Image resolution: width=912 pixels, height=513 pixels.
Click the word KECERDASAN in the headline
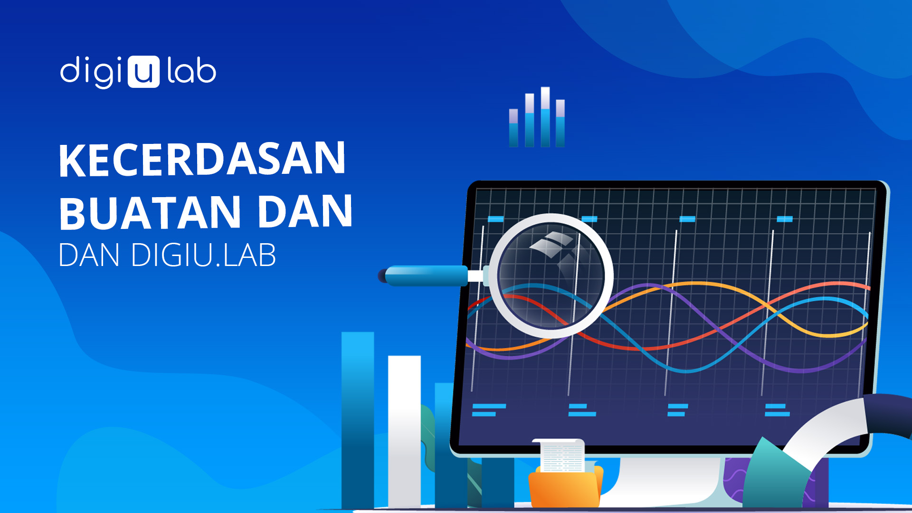[x=202, y=159]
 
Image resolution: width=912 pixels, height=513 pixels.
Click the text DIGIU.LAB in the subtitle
[x=203, y=255]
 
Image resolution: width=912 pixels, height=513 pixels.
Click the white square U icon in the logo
[x=144, y=72]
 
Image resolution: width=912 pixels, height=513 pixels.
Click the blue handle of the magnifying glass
[x=426, y=275]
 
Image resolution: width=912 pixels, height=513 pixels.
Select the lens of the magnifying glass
[x=551, y=275]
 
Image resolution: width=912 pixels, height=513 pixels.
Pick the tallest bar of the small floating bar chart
[x=545, y=117]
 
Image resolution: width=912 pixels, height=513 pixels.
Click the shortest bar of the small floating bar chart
[x=513, y=128]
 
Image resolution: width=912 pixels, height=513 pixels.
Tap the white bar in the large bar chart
[x=404, y=431]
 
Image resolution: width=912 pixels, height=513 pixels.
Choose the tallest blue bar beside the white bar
[x=358, y=420]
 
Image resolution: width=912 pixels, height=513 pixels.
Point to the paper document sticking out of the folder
[x=562, y=456]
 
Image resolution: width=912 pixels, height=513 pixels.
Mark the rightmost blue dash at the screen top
[x=785, y=219]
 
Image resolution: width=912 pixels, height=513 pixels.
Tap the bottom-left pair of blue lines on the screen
[x=488, y=410]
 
